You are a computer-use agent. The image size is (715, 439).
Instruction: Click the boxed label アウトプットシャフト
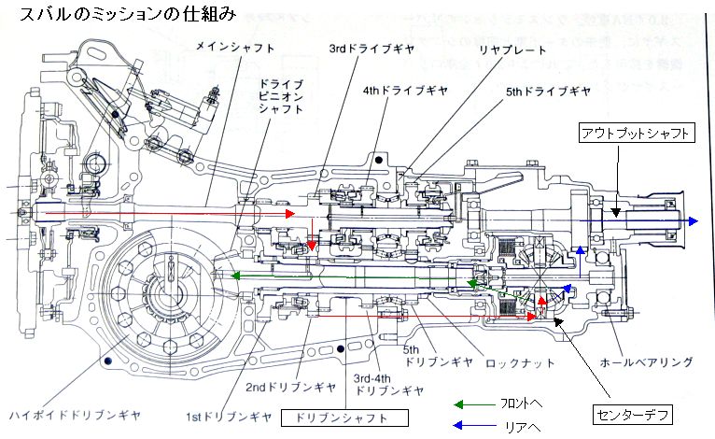(637, 134)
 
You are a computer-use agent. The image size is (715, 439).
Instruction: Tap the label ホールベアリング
(647, 361)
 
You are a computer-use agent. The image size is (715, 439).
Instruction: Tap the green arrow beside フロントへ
(473, 404)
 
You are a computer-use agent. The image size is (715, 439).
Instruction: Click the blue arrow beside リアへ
(473, 425)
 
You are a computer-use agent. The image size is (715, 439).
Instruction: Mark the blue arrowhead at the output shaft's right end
(693, 221)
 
